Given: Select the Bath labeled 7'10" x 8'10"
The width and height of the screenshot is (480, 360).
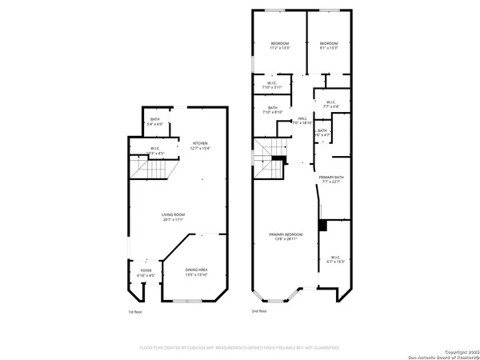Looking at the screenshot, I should tap(274, 110).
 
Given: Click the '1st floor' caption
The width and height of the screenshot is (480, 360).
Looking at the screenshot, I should tap(135, 311).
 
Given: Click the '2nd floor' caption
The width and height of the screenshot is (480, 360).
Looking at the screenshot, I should tap(259, 311).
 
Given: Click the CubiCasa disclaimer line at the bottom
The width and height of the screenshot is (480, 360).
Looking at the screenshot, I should tap(240, 348).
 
